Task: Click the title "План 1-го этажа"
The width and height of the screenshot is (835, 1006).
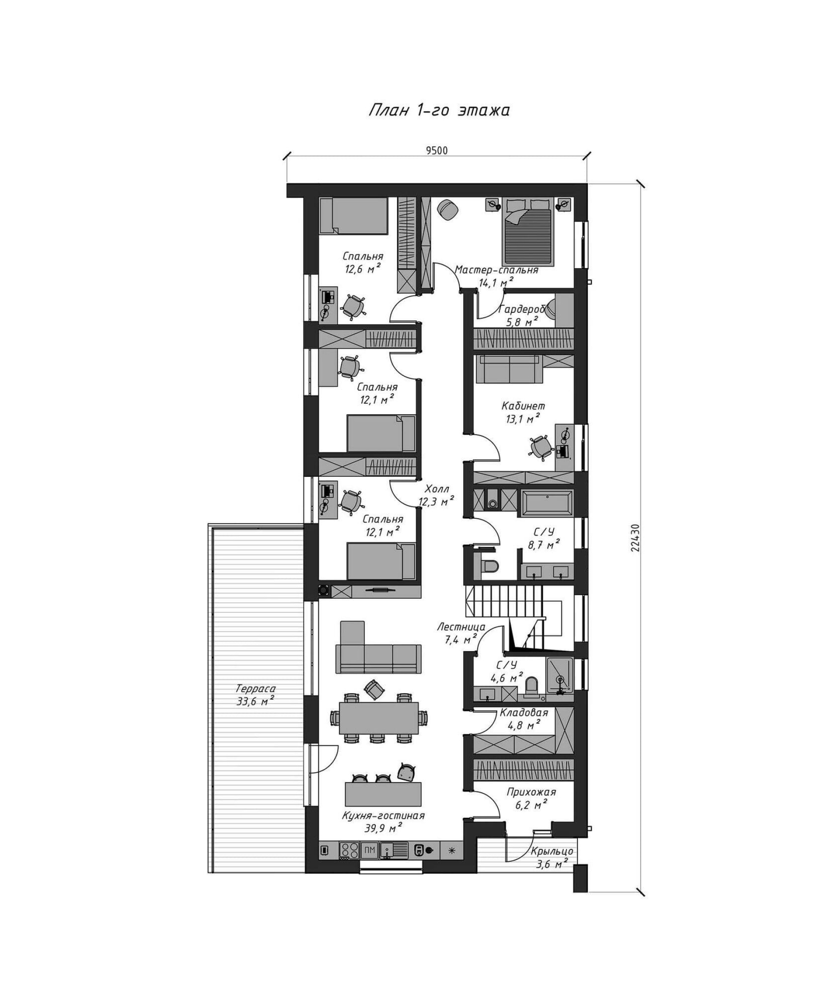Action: click(438, 110)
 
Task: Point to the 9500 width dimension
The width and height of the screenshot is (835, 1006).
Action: click(437, 151)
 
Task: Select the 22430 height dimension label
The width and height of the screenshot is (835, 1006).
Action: click(635, 537)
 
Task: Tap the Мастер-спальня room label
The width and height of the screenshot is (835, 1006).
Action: click(497, 270)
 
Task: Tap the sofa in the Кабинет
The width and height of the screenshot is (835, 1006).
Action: click(509, 369)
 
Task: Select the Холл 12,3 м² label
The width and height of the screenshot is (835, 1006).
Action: click(437, 495)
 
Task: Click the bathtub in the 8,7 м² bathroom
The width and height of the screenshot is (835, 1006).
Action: click(546, 503)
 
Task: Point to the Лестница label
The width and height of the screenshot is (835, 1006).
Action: click(461, 627)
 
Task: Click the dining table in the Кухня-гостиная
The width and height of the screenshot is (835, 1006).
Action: click(378, 718)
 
